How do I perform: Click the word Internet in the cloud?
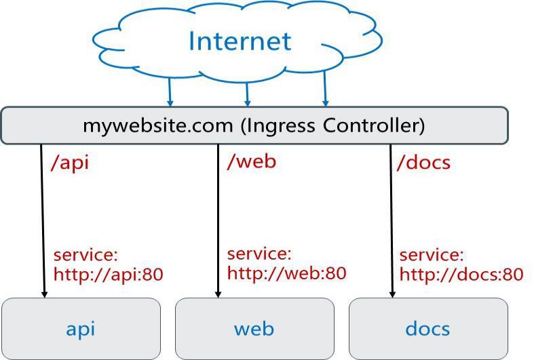coord(240,41)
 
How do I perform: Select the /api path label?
coord(70,163)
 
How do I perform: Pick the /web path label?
coord(252,161)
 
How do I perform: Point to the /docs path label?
coord(423,163)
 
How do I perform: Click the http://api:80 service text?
coord(109,275)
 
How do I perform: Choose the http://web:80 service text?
coord(286,273)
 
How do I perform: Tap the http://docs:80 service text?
coord(461,275)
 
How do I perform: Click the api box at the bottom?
coord(81,329)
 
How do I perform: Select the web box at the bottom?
coord(254,329)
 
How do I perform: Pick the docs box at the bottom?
coord(428,329)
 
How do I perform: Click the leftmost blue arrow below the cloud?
coord(170,92)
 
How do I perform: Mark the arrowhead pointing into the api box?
coord(44,294)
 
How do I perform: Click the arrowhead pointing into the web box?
coord(218,294)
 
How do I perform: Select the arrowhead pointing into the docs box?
coord(392,294)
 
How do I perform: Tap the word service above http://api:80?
coord(85,256)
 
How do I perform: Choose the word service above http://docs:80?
coord(432,256)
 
